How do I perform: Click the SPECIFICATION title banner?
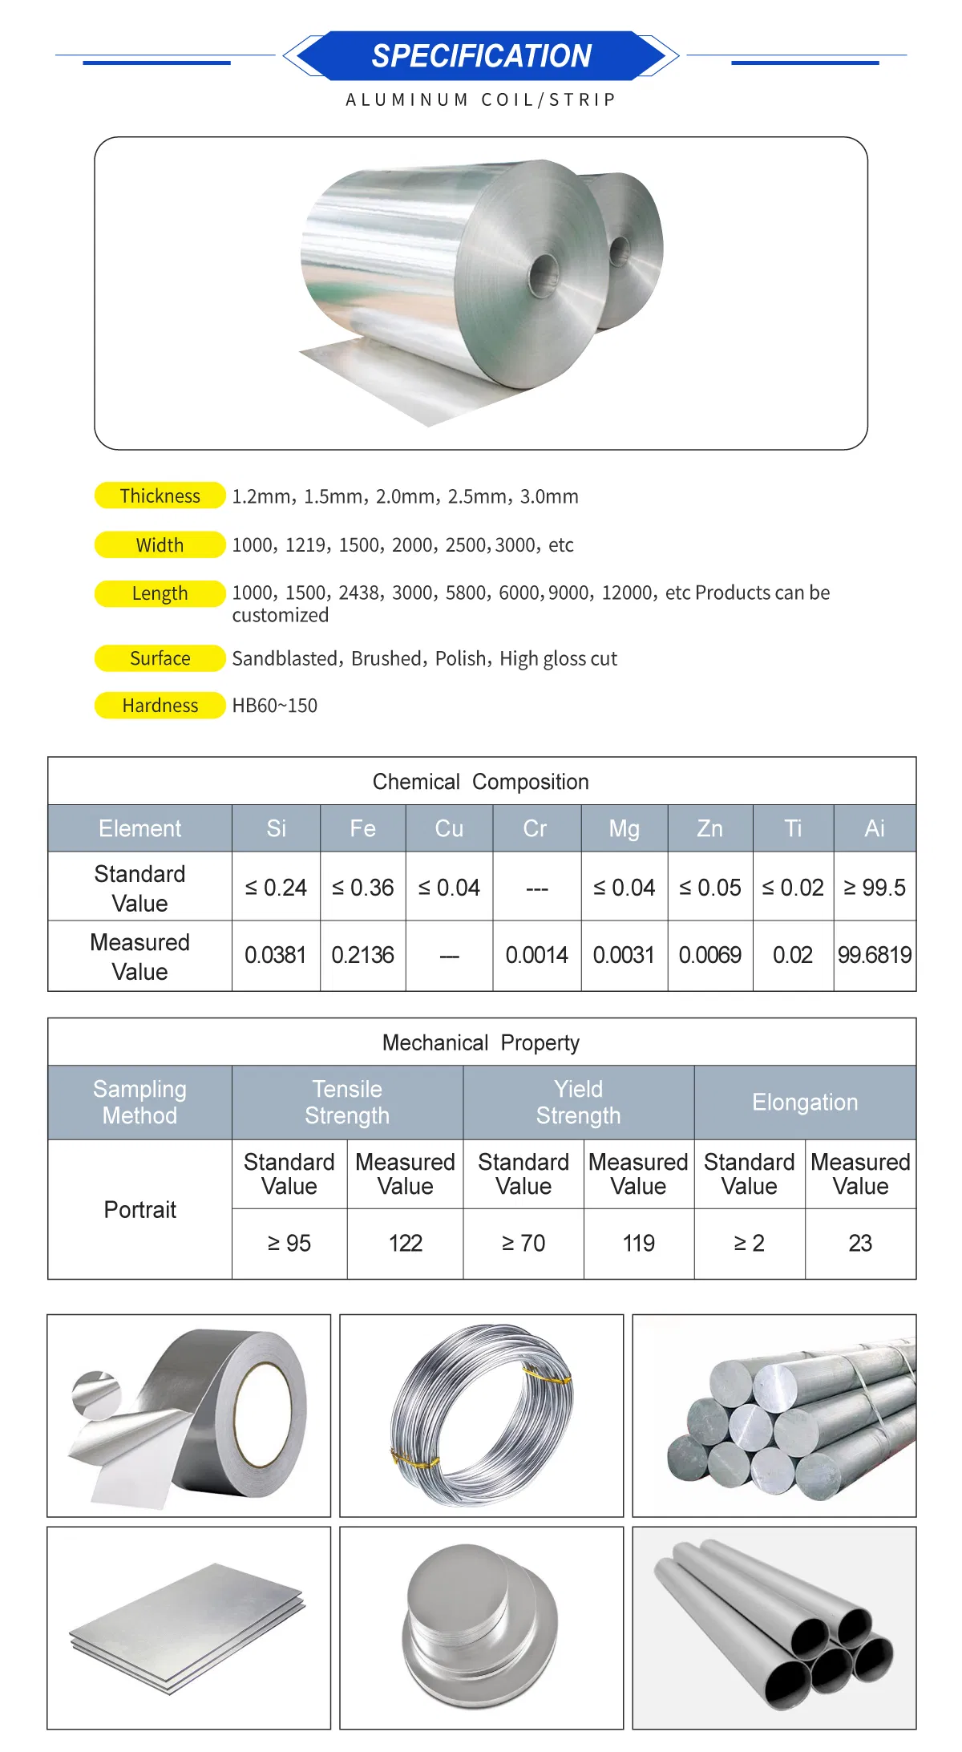point(481,56)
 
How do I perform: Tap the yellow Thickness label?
point(160,496)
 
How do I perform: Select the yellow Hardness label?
point(160,706)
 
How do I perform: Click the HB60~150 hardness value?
point(275,706)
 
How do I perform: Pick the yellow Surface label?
point(160,658)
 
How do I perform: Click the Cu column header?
point(449,828)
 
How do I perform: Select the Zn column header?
point(709,828)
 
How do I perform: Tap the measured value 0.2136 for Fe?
point(362,955)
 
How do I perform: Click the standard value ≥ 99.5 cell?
point(874,888)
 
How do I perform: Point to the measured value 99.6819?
point(874,955)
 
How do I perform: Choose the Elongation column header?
point(804,1103)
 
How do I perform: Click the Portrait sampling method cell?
point(139,1209)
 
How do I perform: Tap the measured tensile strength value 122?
point(405,1243)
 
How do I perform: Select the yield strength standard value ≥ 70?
point(523,1243)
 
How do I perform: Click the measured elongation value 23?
point(859,1243)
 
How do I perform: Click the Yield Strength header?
point(578,1103)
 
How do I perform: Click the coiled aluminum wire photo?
point(481,1415)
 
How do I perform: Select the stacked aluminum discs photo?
point(481,1628)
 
